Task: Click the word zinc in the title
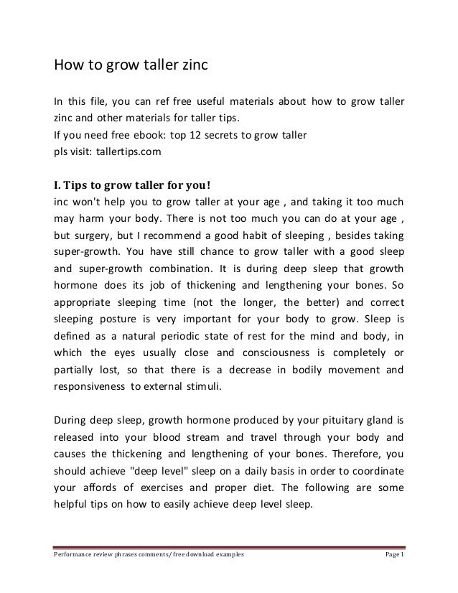[x=190, y=66]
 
